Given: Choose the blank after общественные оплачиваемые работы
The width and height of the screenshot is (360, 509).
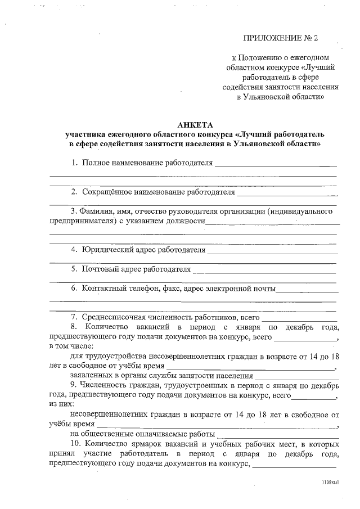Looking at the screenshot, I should click(278, 435).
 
